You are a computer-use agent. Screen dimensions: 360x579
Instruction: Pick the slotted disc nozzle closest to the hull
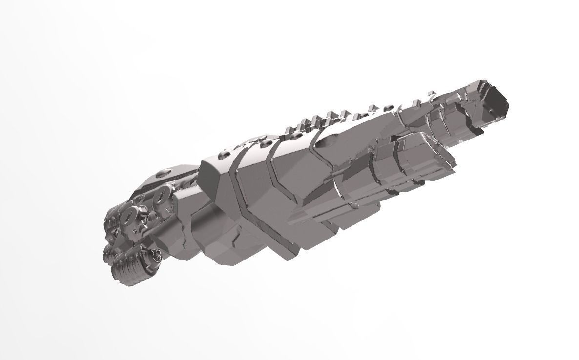tap(161, 196)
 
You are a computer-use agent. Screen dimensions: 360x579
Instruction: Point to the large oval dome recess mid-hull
tap(330, 141)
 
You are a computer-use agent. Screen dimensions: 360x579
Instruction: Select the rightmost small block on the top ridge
tap(432, 93)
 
